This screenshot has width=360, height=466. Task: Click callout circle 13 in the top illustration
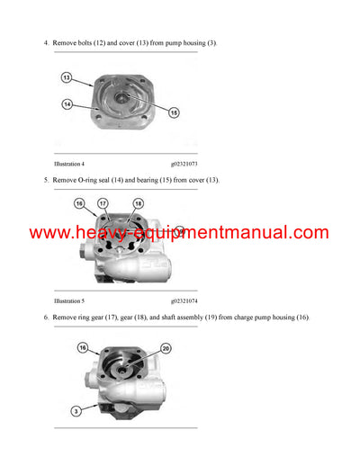(66, 78)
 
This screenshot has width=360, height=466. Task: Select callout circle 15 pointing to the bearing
(175, 112)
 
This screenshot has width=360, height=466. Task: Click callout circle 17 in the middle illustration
(103, 203)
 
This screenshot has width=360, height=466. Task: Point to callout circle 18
(139, 203)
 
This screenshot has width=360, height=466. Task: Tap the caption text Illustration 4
(69, 165)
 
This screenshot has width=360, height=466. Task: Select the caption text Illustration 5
(69, 300)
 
